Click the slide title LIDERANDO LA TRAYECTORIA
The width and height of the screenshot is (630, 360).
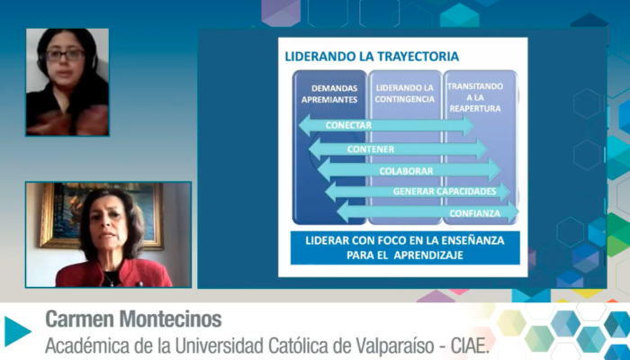pyautogui.click(x=372, y=56)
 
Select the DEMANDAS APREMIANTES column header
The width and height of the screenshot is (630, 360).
pyautogui.click(x=329, y=94)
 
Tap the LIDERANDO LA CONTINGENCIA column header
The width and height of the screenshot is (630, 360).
pyautogui.click(x=404, y=94)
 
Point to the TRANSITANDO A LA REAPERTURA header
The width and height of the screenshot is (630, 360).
pyautogui.click(x=475, y=97)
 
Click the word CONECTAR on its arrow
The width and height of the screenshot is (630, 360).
pyautogui.click(x=348, y=125)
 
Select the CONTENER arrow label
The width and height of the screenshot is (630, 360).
pyautogui.click(x=371, y=149)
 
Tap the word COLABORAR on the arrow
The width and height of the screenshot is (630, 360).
pyautogui.click(x=406, y=171)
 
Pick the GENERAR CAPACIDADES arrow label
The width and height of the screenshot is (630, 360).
pyautogui.click(x=445, y=191)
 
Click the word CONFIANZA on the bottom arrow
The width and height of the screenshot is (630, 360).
pyautogui.click(x=475, y=213)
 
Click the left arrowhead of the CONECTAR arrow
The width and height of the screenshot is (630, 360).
pyautogui.click(x=304, y=125)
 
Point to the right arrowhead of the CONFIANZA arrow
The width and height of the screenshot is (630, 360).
pyautogui.click(x=513, y=212)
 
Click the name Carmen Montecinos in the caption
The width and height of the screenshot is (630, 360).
pyautogui.click(x=133, y=319)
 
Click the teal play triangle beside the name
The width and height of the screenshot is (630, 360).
pyautogui.click(x=18, y=331)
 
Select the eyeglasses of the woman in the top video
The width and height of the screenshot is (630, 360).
pyautogui.click(x=65, y=55)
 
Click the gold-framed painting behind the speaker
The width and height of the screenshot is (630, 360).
pyautogui.click(x=101, y=215)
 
